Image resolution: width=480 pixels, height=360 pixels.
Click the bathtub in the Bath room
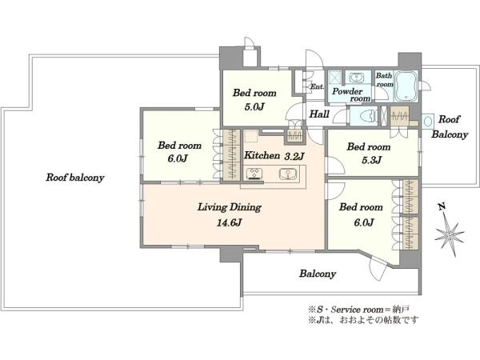pyautogui.click(x=406, y=86)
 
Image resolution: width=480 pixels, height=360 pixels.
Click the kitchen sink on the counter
pyautogui.click(x=288, y=174)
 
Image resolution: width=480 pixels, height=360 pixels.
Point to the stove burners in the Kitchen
pyautogui.click(x=254, y=174)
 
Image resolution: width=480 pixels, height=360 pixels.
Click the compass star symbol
pyautogui.click(x=449, y=235)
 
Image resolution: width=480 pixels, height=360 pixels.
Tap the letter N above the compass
pyautogui.click(x=441, y=207)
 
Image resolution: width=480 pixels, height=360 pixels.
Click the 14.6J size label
pyautogui.click(x=230, y=222)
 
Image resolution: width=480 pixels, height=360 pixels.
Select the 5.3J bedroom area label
pyautogui.click(x=371, y=160)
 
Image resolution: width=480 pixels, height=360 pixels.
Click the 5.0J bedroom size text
pyautogui.click(x=254, y=106)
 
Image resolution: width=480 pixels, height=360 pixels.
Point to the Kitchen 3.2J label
pyautogui.click(x=274, y=155)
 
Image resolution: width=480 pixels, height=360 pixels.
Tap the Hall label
pyautogui.click(x=319, y=114)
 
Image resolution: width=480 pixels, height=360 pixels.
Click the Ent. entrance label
pyautogui.click(x=317, y=86)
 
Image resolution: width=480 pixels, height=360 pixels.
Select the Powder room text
pyautogui.click(x=351, y=94)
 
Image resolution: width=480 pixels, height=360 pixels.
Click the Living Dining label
pyautogui.click(x=230, y=207)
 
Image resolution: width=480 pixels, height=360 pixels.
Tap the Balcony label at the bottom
pyautogui.click(x=318, y=274)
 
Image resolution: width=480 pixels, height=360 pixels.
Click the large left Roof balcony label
pyautogui.click(x=75, y=178)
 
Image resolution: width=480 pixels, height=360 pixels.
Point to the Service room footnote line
pyautogui.click(x=358, y=310)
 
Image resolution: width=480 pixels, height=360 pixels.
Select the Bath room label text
pyautogui.click(x=385, y=79)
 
